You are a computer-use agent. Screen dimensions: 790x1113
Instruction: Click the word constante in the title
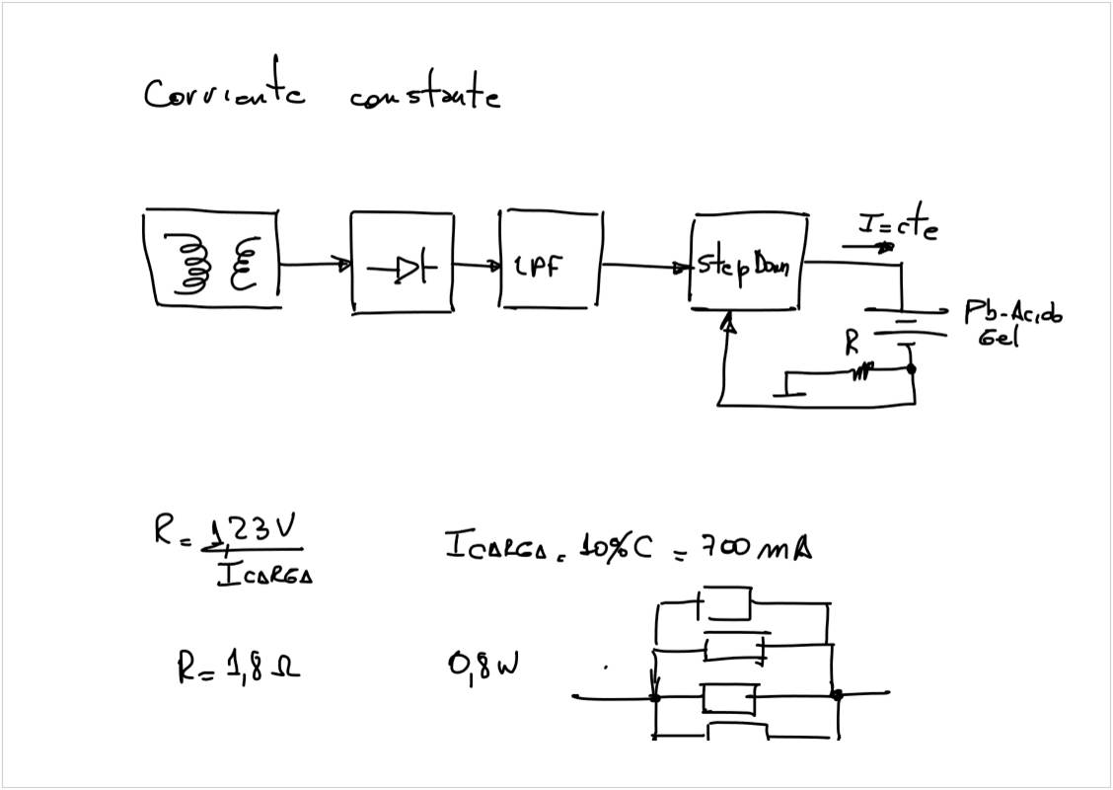[x=424, y=96]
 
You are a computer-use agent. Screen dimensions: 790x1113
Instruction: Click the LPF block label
[x=539, y=267]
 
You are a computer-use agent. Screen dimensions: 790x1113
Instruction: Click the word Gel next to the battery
[x=1001, y=338]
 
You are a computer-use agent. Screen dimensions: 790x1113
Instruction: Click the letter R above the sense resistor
[x=852, y=344]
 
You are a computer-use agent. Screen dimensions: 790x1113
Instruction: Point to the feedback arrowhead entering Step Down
[x=728, y=320]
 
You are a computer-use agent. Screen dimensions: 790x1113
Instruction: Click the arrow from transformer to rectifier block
[x=314, y=265]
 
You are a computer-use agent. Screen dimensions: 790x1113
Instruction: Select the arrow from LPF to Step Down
[x=645, y=266]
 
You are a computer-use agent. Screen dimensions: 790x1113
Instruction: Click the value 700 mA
[x=755, y=546]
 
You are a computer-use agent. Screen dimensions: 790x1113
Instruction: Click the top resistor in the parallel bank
[x=728, y=600]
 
